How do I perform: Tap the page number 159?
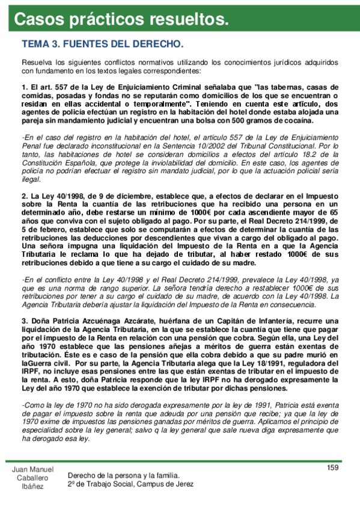coord(333,468)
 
